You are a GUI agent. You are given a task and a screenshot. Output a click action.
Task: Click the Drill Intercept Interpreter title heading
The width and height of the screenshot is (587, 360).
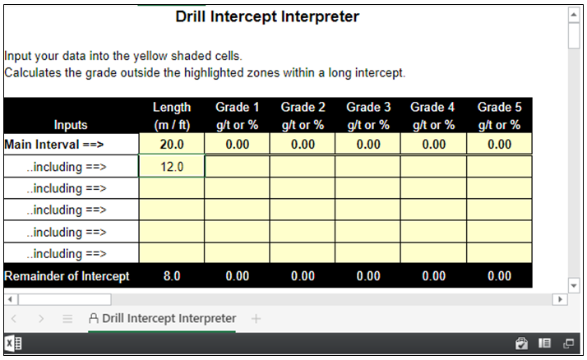click(x=267, y=16)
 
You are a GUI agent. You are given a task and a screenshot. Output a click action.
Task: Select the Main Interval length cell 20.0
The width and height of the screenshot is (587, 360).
click(x=172, y=144)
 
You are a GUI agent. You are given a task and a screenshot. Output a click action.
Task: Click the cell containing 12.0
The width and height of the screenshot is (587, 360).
click(x=172, y=166)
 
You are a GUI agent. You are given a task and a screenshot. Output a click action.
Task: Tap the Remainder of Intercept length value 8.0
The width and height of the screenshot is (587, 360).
click(x=172, y=276)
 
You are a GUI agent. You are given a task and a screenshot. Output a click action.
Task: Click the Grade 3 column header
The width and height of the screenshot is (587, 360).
click(x=368, y=116)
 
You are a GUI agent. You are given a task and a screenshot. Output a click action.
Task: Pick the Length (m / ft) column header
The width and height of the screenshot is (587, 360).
click(x=172, y=116)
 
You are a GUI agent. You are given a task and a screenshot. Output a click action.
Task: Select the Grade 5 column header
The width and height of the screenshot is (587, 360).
click(x=499, y=116)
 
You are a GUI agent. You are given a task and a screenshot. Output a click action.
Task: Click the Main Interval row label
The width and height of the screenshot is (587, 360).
click(x=54, y=145)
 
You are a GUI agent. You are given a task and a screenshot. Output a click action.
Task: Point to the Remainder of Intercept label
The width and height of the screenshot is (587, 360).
click(x=67, y=276)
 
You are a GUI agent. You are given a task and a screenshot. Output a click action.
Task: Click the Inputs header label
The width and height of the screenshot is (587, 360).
click(x=71, y=125)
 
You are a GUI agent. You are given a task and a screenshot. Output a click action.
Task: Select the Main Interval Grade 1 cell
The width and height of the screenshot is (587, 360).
click(x=238, y=144)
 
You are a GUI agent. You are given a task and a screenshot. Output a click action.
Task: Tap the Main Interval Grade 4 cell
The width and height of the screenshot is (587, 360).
click(x=433, y=144)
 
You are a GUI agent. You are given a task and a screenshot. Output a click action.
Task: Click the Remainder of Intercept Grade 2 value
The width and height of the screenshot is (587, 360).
click(x=303, y=276)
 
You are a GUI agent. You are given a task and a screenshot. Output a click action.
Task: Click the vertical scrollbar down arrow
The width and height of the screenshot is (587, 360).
click(x=574, y=286)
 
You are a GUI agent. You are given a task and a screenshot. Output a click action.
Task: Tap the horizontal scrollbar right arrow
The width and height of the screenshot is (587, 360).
click(x=560, y=299)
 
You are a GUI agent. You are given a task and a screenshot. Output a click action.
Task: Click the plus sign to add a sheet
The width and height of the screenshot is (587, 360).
click(x=256, y=319)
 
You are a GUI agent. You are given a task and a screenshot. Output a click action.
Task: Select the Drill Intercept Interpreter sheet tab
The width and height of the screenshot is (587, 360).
click(x=162, y=318)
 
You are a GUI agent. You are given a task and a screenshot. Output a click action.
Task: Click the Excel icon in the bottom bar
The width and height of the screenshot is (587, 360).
click(x=13, y=344)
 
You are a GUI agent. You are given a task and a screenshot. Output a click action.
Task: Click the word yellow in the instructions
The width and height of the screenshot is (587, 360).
click(x=150, y=56)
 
